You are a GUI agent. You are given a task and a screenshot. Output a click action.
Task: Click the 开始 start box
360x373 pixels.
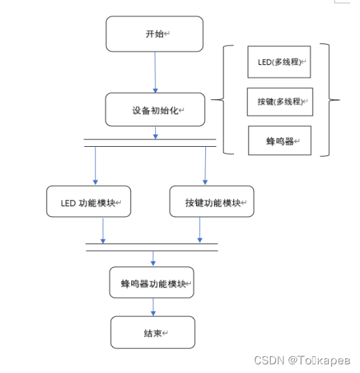click(154, 34)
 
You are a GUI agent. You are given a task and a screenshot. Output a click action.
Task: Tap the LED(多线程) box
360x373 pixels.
click(279, 62)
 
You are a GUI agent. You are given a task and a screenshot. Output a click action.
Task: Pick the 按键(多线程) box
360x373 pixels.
click(279, 102)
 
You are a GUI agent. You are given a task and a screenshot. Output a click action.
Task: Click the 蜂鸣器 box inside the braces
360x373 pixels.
click(279, 141)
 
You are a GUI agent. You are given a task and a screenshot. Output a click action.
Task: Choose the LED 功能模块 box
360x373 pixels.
click(88, 202)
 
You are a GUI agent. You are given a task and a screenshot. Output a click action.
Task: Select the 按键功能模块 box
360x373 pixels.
click(211, 202)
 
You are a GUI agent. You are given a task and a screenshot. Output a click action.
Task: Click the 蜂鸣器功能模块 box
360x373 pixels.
click(152, 284)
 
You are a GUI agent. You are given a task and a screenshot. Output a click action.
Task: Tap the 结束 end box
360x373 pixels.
click(153, 332)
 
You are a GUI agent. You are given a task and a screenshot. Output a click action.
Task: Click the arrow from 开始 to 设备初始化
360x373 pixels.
click(155, 72)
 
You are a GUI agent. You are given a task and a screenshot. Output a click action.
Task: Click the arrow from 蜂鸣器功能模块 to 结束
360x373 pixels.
click(153, 307)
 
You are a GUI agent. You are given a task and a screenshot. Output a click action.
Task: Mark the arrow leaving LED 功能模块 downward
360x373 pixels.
click(103, 230)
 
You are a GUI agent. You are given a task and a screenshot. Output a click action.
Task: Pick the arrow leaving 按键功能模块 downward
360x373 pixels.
click(200, 230)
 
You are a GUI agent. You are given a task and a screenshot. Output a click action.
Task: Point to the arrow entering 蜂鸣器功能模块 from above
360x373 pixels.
click(153, 258)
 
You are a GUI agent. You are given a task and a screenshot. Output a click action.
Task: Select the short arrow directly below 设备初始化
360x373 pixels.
click(156, 133)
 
